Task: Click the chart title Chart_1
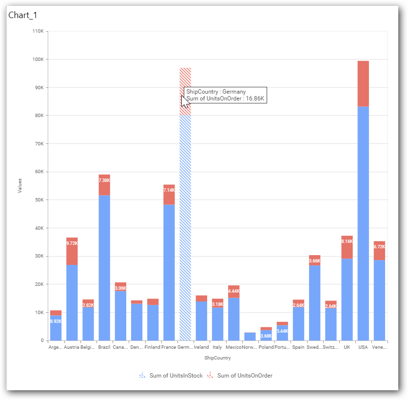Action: point(23,15)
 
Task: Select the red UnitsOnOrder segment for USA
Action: point(363,83)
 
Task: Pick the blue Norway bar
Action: point(250,337)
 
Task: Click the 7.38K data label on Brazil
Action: point(104,180)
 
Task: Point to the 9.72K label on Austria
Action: point(72,242)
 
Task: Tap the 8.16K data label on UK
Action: point(347,241)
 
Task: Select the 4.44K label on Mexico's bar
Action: point(233,291)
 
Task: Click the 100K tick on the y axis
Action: point(37,60)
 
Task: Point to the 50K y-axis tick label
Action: point(38,200)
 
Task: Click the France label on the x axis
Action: point(169,347)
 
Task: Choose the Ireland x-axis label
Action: point(201,347)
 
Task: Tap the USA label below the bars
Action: point(363,347)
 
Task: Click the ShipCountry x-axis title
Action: point(217,358)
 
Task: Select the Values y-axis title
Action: point(20,185)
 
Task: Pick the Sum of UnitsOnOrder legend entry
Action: point(244,376)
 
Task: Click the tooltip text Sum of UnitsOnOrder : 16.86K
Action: point(225,99)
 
